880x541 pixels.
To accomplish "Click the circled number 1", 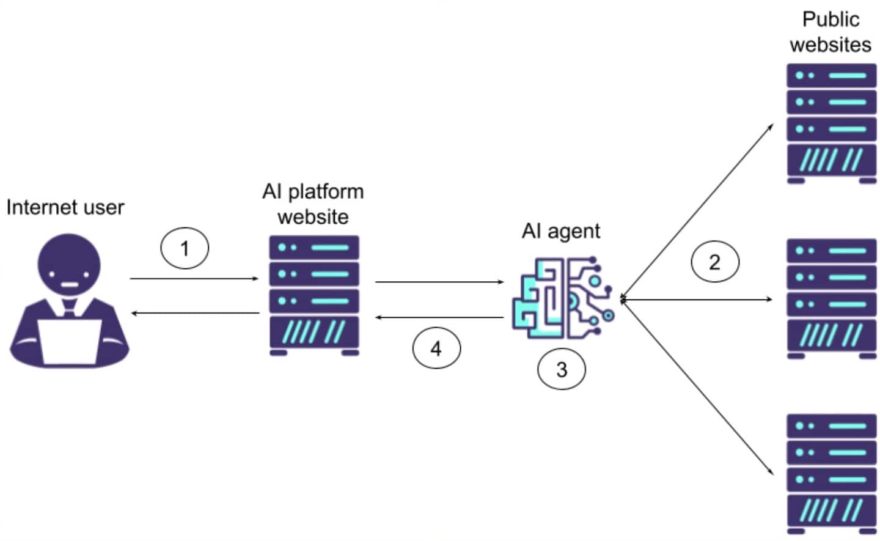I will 185,248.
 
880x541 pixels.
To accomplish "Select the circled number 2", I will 714,262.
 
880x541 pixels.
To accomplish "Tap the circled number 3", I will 561,369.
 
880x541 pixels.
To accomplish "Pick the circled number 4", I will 436,348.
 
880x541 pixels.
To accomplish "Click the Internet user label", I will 65,207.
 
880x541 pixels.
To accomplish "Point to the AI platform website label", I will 313,204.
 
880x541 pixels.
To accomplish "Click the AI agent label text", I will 560,231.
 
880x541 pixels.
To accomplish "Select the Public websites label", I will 830,32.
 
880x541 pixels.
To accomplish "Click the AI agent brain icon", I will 562,298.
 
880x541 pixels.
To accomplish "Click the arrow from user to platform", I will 194,279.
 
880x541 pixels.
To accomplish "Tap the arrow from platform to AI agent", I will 439,282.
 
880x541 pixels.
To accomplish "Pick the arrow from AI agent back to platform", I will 439,317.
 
